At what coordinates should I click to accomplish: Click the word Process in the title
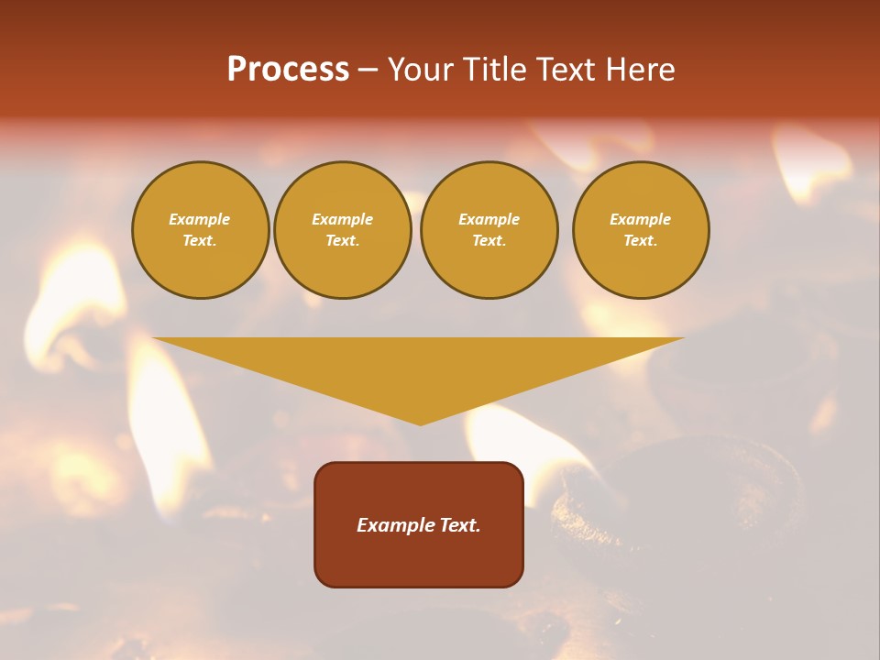point(288,70)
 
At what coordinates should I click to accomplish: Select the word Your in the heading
point(421,70)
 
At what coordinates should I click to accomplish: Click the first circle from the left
point(200,230)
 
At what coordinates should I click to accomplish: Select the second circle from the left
point(342,230)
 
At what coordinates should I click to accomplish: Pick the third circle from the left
point(489,230)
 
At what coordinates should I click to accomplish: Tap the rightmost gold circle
point(641,230)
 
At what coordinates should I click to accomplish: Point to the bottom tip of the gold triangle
point(420,423)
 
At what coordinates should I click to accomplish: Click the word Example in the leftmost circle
point(200,220)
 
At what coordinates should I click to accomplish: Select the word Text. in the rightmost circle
point(641,241)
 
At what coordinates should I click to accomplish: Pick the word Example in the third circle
point(489,220)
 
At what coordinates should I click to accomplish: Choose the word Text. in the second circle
point(342,241)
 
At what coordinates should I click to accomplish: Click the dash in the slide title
point(368,70)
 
